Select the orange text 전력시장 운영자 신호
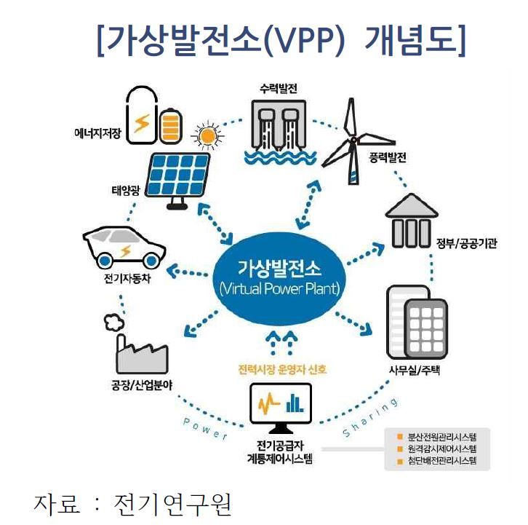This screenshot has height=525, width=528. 281,369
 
